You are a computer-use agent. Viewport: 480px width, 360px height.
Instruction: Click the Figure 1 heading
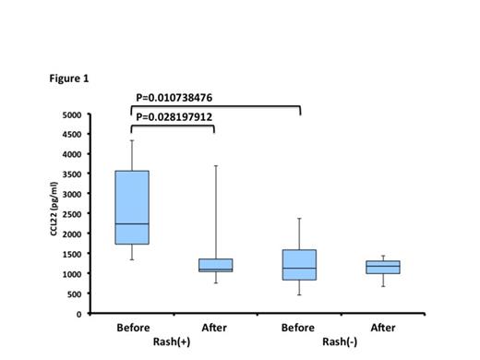(69, 78)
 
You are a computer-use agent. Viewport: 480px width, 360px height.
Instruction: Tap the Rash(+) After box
(215, 265)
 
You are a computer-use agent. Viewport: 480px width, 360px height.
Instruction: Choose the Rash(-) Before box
(300, 265)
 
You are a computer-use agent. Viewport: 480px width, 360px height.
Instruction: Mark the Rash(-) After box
(382, 268)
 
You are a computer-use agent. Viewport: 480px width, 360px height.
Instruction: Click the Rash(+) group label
(173, 342)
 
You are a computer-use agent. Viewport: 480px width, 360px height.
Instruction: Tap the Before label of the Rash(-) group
(300, 328)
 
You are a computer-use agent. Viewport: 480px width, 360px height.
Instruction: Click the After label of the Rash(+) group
(215, 328)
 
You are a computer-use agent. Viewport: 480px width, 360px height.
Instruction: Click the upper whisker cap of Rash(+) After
(215, 166)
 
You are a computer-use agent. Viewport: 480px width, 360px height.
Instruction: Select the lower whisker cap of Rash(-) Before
(300, 294)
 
